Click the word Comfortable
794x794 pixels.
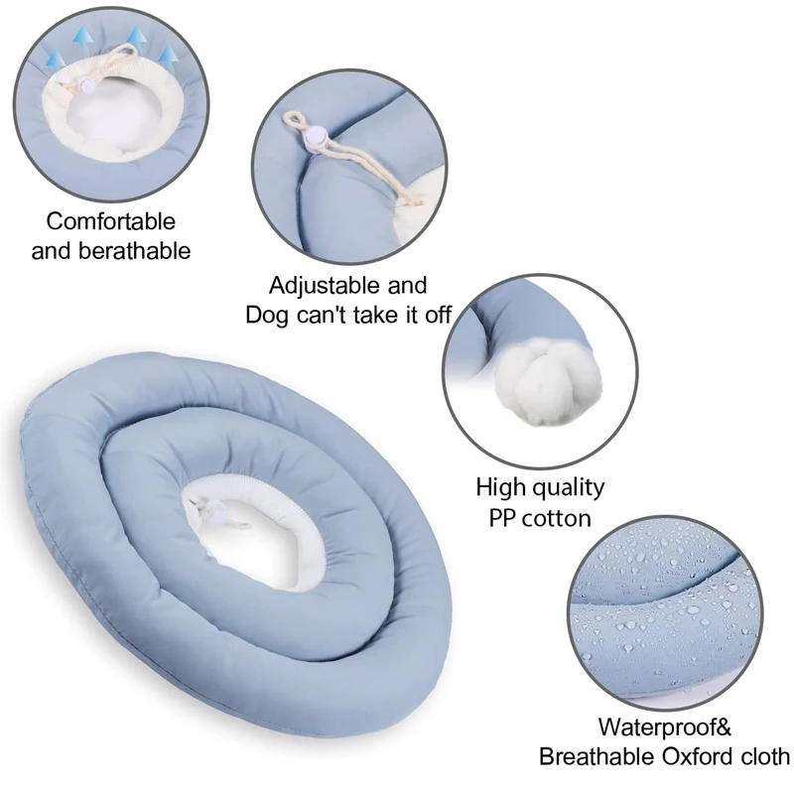pyautogui.click(x=110, y=221)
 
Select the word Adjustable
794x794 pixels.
pyautogui.click(x=320, y=286)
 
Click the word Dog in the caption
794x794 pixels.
pyautogui.click(x=268, y=315)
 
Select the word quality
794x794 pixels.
pyautogui.click(x=567, y=487)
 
